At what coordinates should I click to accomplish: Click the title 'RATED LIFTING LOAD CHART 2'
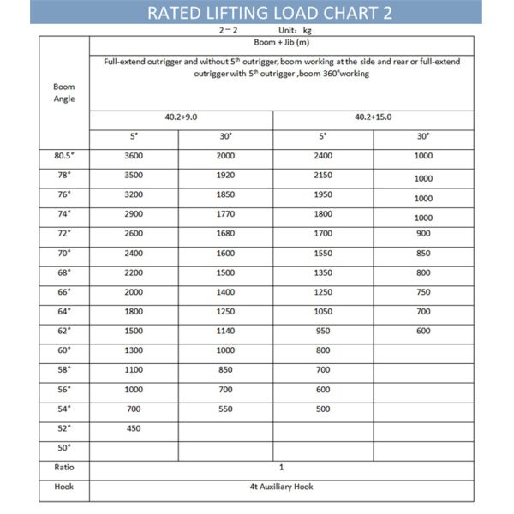(256, 13)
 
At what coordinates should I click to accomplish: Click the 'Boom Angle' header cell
(64, 93)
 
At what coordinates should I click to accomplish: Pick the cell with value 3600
(133, 156)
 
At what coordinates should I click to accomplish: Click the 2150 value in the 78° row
(322, 176)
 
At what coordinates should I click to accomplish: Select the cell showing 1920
(225, 176)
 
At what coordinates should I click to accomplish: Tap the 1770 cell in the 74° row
(225, 214)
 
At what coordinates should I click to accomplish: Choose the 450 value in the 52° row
(133, 428)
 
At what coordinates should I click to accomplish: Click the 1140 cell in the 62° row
(225, 331)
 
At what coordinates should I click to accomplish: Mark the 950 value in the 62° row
(322, 331)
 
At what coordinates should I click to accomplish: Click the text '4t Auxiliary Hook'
(281, 487)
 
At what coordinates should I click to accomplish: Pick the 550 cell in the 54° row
(225, 409)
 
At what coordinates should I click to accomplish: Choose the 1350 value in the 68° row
(322, 272)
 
